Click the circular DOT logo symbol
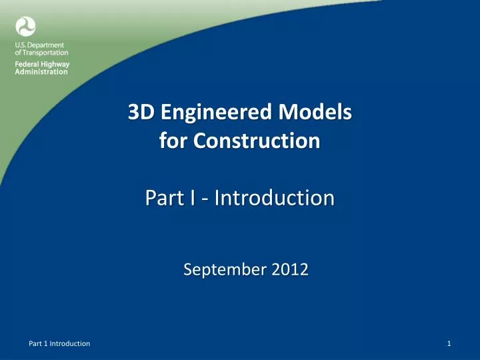(x=25, y=27)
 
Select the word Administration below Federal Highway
(x=41, y=72)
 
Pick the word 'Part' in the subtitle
(x=161, y=198)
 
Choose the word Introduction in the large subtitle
(x=270, y=198)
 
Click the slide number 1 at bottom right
(x=451, y=343)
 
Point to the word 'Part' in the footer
(x=35, y=343)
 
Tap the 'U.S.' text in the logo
(x=21, y=45)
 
